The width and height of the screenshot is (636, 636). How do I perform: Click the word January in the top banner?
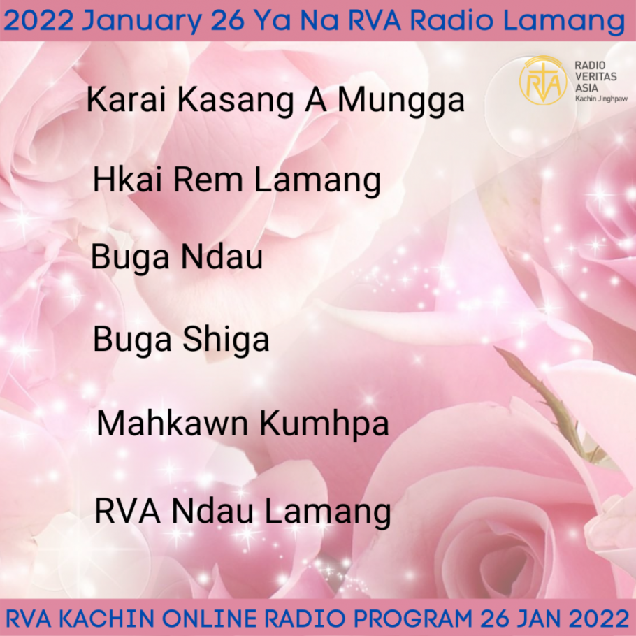[x=142, y=21]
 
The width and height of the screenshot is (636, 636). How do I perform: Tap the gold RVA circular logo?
[x=543, y=80]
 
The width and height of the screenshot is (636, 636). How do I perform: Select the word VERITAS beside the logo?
[x=596, y=76]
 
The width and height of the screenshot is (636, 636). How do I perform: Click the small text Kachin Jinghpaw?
[x=601, y=99]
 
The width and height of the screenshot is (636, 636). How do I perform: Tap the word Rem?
[x=208, y=180]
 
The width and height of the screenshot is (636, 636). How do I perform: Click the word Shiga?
[x=226, y=340]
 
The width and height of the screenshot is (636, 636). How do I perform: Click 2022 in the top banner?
[x=38, y=21]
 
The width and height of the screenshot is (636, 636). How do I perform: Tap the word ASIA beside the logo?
[x=586, y=87]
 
